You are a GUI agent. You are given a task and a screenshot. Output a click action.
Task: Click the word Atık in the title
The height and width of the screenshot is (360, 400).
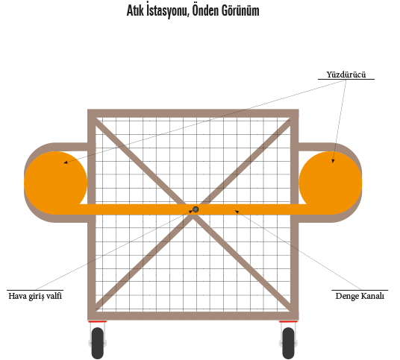pyautogui.click(x=135, y=11)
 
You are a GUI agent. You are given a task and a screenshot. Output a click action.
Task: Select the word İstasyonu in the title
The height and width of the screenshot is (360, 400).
pyautogui.click(x=168, y=11)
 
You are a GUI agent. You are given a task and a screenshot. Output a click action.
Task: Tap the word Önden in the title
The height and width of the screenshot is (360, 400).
pyautogui.click(x=205, y=10)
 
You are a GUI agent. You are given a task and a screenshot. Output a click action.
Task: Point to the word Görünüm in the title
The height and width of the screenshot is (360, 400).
pyautogui.click(x=240, y=10)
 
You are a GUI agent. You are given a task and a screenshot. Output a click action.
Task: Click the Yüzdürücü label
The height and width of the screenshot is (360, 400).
pyautogui.click(x=346, y=75)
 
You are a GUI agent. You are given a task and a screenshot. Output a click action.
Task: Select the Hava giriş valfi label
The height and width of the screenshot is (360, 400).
pyautogui.click(x=35, y=296)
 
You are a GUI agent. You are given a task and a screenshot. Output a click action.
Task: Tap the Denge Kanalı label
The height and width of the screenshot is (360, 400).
pyautogui.click(x=360, y=296)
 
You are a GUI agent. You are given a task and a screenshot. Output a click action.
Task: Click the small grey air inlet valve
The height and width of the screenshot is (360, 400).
pyautogui.click(x=196, y=209)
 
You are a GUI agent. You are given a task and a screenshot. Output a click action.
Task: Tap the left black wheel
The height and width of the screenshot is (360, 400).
pyautogui.click(x=98, y=343)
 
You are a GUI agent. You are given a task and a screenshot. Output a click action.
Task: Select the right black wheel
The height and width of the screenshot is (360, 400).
pyautogui.click(x=289, y=343)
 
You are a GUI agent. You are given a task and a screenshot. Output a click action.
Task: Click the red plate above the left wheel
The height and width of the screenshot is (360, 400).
pyautogui.click(x=98, y=322)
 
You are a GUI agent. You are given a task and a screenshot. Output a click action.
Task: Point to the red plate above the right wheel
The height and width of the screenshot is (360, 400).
pyautogui.click(x=288, y=322)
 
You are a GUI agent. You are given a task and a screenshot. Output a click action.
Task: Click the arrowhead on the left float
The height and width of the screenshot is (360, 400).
pyautogui.click(x=66, y=162)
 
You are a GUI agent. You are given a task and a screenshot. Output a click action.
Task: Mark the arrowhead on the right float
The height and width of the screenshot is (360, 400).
pyautogui.click(x=333, y=161)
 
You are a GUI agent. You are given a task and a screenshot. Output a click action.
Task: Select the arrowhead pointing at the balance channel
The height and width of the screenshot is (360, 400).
pyautogui.click(x=237, y=212)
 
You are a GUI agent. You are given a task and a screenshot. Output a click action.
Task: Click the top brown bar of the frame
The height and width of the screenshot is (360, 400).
pyautogui.click(x=193, y=113)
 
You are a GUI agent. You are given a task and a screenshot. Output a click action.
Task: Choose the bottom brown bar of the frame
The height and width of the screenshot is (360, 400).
pyautogui.click(x=193, y=316)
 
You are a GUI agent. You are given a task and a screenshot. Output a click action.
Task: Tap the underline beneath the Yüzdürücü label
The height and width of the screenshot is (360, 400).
pyautogui.click(x=346, y=80)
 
